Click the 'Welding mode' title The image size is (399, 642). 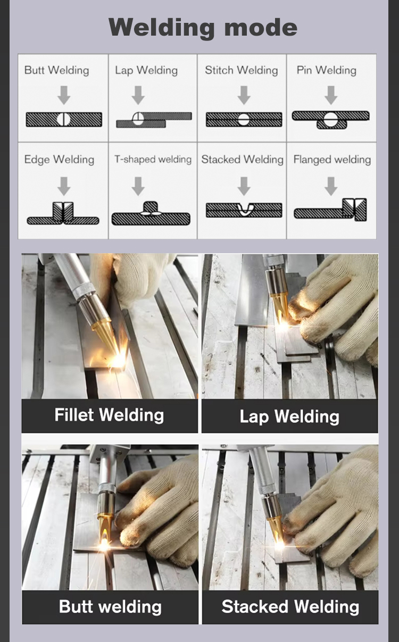(203, 28)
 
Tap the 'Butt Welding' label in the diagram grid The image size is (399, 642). (57, 70)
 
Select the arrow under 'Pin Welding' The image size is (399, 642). (331, 95)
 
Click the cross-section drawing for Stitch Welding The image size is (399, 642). (244, 120)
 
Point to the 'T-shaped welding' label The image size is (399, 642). (153, 160)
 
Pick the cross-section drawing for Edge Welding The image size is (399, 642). (63, 213)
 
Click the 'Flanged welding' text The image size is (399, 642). (332, 160)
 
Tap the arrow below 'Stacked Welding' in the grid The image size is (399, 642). (244, 186)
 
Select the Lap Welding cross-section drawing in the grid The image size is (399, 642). (154, 120)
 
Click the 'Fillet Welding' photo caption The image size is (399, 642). (109, 415)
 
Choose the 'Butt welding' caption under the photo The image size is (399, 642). (110, 606)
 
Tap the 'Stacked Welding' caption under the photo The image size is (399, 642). (290, 606)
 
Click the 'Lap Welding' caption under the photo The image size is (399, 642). (289, 416)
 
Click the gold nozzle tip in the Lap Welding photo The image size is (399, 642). (279, 304)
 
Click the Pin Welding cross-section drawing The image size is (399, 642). (331, 120)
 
